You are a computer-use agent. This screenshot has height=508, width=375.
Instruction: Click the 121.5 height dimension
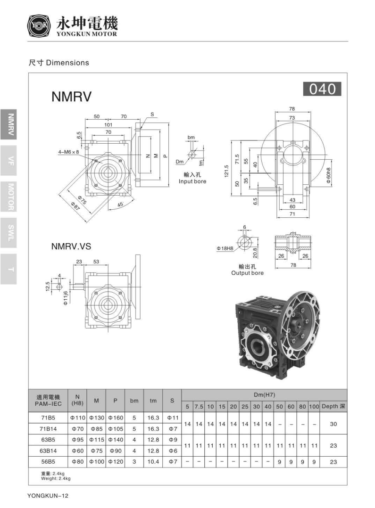click(226, 171)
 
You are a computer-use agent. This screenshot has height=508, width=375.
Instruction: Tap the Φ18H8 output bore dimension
click(225, 248)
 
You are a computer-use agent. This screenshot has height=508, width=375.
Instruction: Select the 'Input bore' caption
click(192, 181)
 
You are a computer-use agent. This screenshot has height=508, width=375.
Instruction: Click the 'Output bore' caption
click(247, 273)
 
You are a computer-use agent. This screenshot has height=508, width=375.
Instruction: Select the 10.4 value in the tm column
click(153, 462)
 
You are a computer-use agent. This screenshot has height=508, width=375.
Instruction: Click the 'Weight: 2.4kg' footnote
click(56, 479)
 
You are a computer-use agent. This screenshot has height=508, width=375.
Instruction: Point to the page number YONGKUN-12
click(48, 496)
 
